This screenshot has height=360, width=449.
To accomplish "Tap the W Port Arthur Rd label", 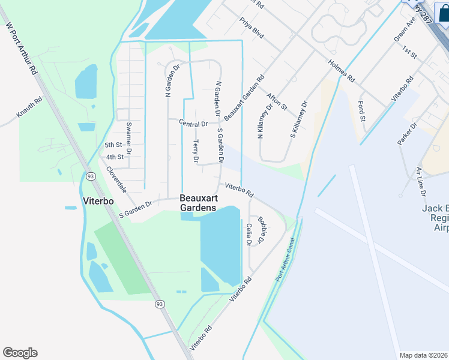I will tap(21, 48).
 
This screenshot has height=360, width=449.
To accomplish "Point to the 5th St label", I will tap(113, 145).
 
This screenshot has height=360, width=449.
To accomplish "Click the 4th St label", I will tap(114, 157).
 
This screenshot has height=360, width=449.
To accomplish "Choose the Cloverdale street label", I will tap(116, 179).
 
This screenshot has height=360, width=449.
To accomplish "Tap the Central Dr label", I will tap(193, 124).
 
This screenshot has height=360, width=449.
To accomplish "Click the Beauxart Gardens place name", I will tap(197, 203).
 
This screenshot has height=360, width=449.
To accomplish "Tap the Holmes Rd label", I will tap(342, 71).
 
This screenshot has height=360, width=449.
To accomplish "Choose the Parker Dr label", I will tap(406, 134).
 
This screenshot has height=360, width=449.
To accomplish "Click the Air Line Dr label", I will tap(420, 182).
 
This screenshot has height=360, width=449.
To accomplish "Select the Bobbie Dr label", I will tap(261, 229).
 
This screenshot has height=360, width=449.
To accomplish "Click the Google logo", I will tap(20, 353).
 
